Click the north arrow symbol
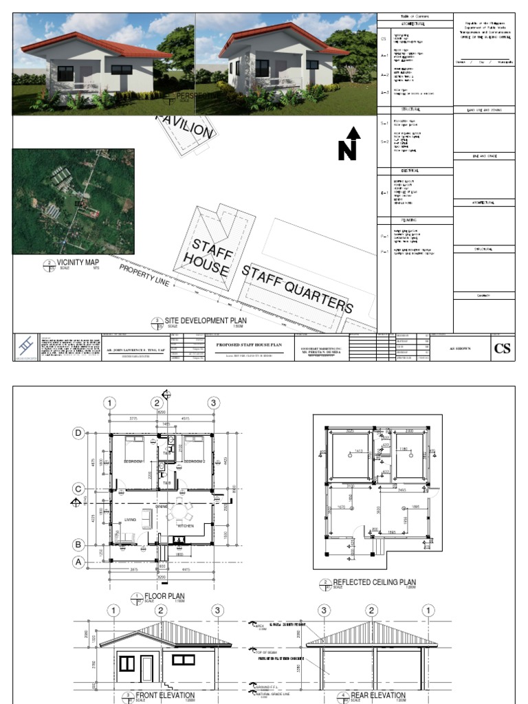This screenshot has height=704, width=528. coord(351,144)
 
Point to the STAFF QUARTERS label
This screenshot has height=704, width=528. coord(297,288)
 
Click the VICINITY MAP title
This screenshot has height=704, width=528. coord(78,262)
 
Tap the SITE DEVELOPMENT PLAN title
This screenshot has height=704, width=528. coord(206,320)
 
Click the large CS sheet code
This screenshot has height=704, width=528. coord(503,348)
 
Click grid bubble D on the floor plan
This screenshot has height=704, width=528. coord(79,433)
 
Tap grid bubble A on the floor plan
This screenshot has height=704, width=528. coord(79,562)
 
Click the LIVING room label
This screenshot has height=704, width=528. coord(131,520)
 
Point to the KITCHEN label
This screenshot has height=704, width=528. coord(186,526)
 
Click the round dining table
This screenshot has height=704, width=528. coord(181,511)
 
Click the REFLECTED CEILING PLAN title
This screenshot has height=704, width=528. coord(374,582)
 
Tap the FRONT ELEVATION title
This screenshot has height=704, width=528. coord(166,696)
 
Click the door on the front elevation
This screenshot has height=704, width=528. coord(146,668)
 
